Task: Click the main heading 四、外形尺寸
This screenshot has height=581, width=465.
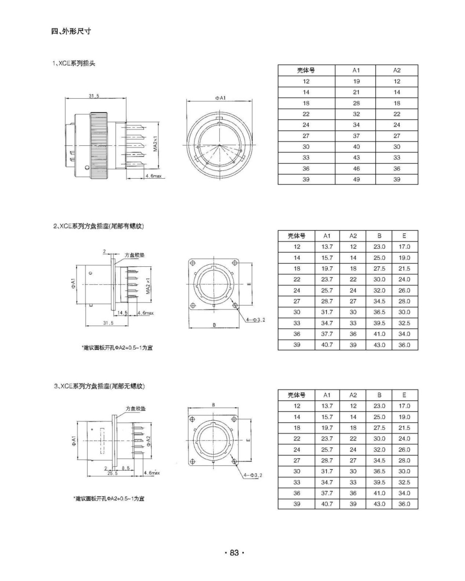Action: click(71, 31)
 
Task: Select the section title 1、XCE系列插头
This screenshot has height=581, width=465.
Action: click(74, 63)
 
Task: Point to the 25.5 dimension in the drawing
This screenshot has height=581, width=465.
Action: click(112, 473)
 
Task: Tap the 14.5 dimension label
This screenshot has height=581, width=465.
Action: click(123, 313)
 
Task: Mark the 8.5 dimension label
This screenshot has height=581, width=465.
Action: click(125, 468)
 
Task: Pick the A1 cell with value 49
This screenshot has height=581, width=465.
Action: click(356, 179)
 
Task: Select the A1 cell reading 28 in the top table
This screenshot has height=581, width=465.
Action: click(356, 103)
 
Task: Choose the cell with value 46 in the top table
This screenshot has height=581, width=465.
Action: click(356, 168)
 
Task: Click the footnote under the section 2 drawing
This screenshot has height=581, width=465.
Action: click(116, 348)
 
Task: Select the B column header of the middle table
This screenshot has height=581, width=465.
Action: click(379, 236)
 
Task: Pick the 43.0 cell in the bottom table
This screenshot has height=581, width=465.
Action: click(379, 504)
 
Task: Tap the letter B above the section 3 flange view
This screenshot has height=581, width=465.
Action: click(213, 405)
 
